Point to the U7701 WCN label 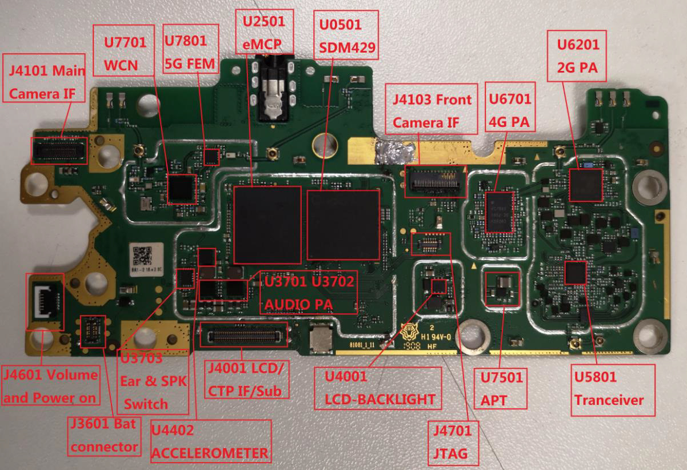124,53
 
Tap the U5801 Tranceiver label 613,388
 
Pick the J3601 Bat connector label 104,437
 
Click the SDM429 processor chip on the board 343,225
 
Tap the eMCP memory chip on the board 267,224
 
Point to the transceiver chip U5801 575,273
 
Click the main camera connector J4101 59,150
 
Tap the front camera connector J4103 435,180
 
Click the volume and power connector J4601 46,301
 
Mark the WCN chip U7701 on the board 182,189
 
